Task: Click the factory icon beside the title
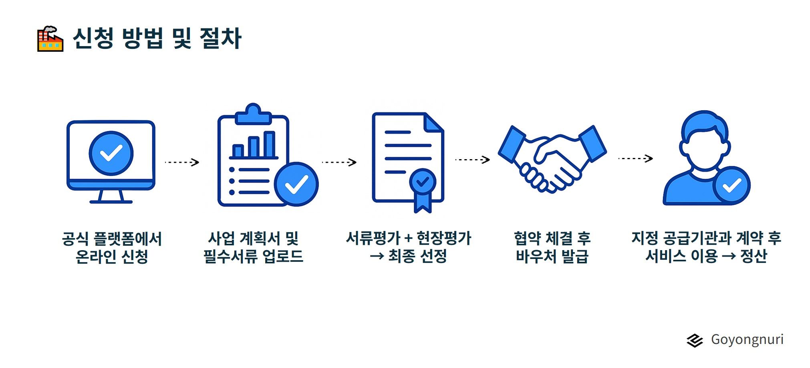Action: point(50,39)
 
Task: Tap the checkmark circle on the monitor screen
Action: point(111,153)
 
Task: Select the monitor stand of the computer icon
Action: point(111,196)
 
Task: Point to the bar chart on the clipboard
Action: point(254,145)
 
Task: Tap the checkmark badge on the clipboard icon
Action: point(296,184)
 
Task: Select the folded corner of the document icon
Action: point(434,122)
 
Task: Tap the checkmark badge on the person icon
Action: point(731,185)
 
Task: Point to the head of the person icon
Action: point(705,140)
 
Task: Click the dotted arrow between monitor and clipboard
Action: point(182,162)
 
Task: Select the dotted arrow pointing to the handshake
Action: point(473,160)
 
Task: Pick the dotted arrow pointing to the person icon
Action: point(636,158)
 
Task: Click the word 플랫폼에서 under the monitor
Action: point(127,239)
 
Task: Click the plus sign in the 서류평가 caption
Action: point(409,239)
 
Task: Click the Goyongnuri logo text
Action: point(747,340)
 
